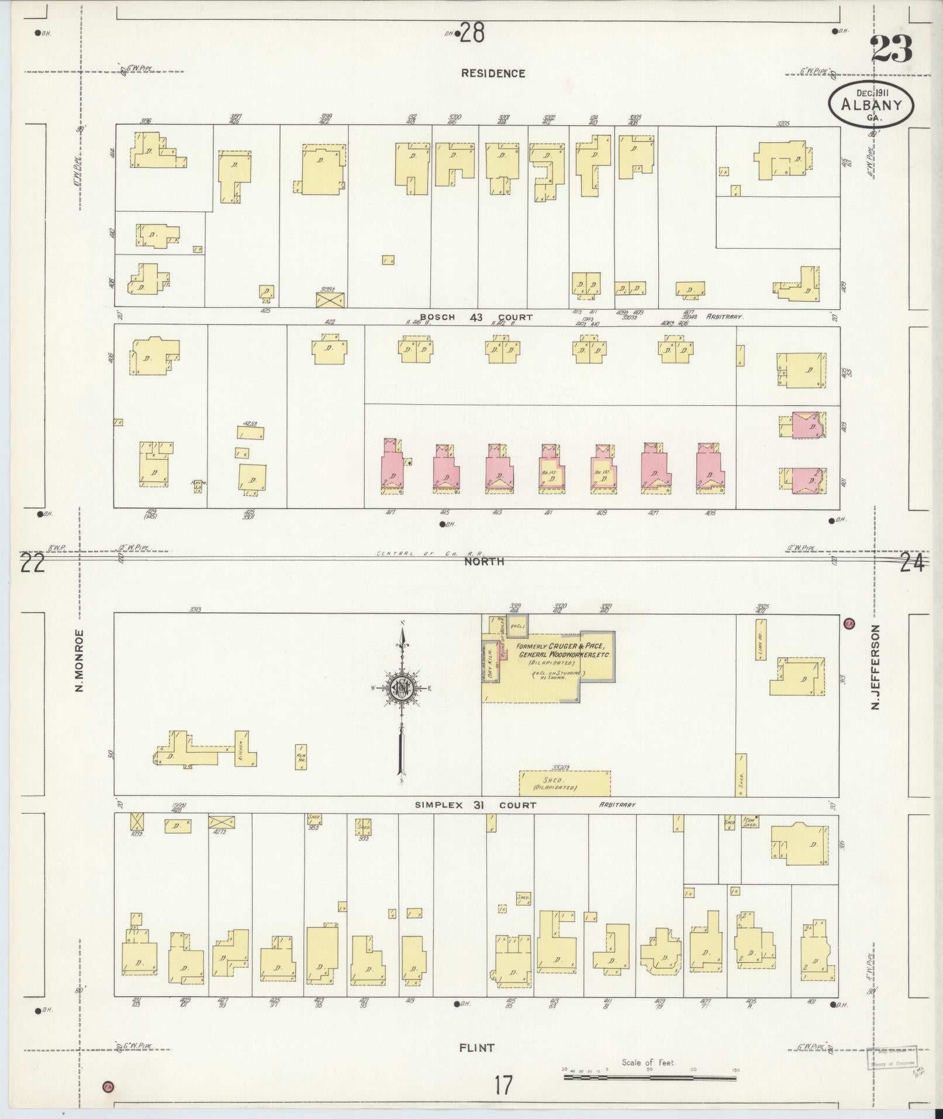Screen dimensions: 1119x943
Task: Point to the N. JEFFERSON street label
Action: point(875,667)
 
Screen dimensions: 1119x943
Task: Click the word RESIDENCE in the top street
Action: point(493,73)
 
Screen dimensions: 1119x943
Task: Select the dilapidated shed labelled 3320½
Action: point(565,783)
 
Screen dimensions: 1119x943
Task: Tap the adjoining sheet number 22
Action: point(32,565)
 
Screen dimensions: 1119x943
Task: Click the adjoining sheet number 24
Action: point(912,564)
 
